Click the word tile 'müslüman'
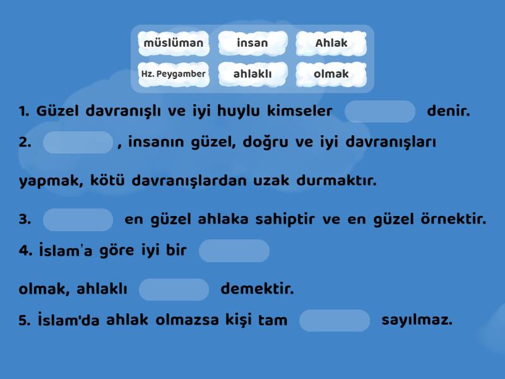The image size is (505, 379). (174, 43)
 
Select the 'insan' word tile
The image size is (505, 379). (252, 43)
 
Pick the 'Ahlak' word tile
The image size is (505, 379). (331, 43)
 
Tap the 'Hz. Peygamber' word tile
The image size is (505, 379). (174, 74)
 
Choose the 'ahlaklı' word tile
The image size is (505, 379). (252, 74)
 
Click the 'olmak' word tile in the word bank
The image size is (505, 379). (331, 74)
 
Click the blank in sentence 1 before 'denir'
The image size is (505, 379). (380, 112)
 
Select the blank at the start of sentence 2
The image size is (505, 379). (78, 143)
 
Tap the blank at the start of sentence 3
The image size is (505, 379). (78, 220)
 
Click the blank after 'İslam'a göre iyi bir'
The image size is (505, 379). (234, 251)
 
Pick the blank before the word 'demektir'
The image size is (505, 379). (174, 289)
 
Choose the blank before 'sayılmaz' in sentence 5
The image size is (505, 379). (335, 320)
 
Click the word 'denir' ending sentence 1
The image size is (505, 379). (448, 111)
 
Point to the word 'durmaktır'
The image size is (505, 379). (336, 181)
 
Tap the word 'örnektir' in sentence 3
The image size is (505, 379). (453, 219)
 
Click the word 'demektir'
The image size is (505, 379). (258, 289)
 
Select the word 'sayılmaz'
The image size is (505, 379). (417, 320)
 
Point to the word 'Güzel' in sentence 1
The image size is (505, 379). (57, 111)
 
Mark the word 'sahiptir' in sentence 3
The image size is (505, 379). (285, 219)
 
